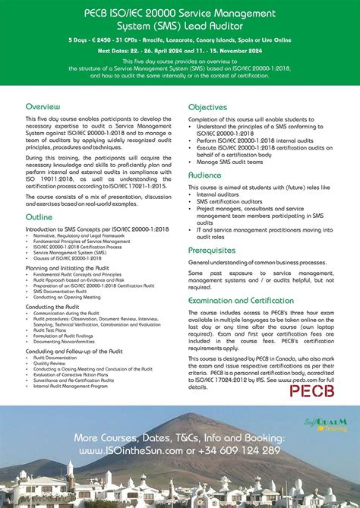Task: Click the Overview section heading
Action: click(x=43, y=107)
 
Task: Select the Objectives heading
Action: click(x=208, y=107)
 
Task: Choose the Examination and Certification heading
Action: click(x=242, y=301)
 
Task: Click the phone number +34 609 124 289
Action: click(x=238, y=450)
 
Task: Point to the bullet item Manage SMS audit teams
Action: click(x=230, y=162)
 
